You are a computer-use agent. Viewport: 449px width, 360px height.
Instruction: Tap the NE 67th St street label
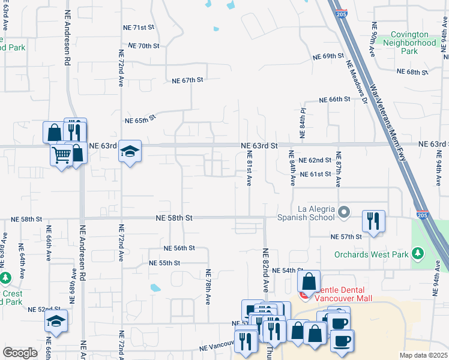click(x=188, y=80)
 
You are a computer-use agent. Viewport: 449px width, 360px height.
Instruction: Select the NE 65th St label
click(x=140, y=119)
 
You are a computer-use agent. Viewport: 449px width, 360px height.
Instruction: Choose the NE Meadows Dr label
click(x=355, y=81)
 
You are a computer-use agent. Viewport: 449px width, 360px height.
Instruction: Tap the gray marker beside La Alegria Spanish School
click(x=344, y=211)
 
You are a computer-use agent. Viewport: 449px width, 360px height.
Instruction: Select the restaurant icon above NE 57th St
click(x=373, y=221)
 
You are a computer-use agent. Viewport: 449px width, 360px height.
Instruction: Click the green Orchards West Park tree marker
click(x=418, y=255)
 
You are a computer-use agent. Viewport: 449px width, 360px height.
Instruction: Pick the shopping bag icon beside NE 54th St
click(x=309, y=281)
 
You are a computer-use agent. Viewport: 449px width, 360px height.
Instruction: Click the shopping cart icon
click(x=61, y=155)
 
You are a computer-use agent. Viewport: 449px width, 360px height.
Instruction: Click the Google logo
click(x=20, y=353)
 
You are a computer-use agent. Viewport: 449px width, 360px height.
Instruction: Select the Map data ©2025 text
click(x=423, y=355)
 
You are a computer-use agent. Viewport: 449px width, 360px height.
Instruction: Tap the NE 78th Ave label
click(x=209, y=289)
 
